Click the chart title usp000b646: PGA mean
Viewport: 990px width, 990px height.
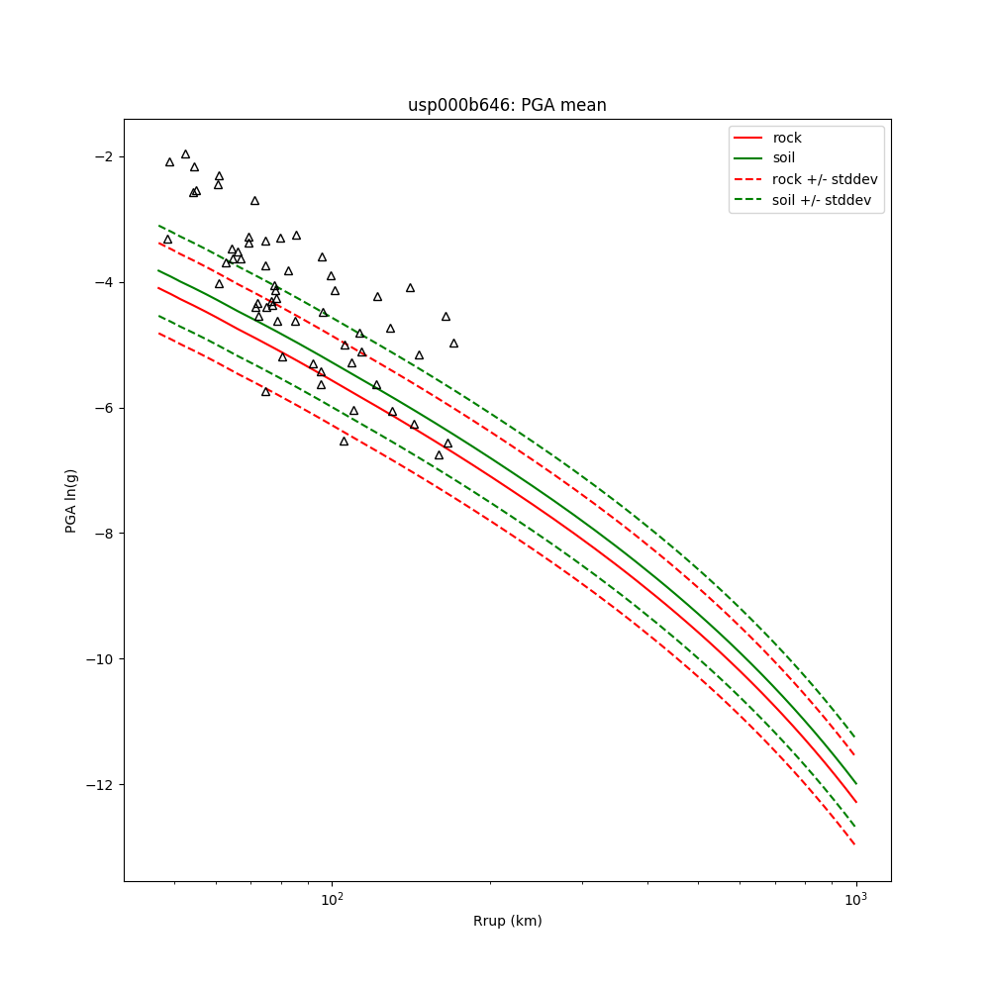point(507,105)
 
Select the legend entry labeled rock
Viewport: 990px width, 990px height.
point(787,138)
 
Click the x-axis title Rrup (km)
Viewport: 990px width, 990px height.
point(507,921)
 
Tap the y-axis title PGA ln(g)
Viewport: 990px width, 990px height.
point(71,500)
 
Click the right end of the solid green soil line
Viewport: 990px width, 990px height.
point(855,783)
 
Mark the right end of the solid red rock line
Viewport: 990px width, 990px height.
point(855,802)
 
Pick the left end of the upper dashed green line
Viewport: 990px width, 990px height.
point(158,225)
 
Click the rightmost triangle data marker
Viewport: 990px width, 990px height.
point(453,344)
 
